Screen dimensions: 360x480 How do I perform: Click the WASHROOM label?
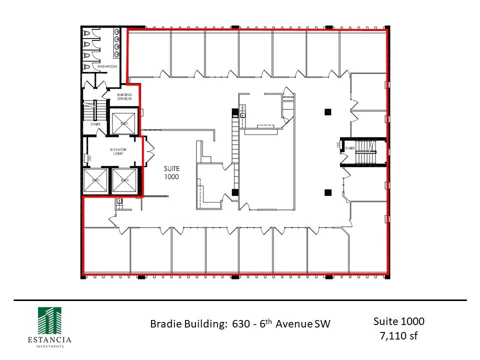(x=107, y=66)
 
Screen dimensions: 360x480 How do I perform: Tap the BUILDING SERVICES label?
(x=124, y=96)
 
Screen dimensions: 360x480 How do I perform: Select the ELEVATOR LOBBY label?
(x=118, y=152)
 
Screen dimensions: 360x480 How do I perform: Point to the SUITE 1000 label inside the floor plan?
(x=171, y=172)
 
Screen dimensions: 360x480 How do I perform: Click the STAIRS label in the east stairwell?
(x=350, y=148)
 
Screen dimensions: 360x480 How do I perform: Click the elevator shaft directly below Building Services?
(x=121, y=122)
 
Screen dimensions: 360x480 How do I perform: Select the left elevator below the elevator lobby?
(x=95, y=181)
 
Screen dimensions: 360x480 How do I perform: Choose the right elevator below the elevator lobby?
(x=124, y=181)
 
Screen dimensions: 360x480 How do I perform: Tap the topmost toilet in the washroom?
(x=87, y=33)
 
